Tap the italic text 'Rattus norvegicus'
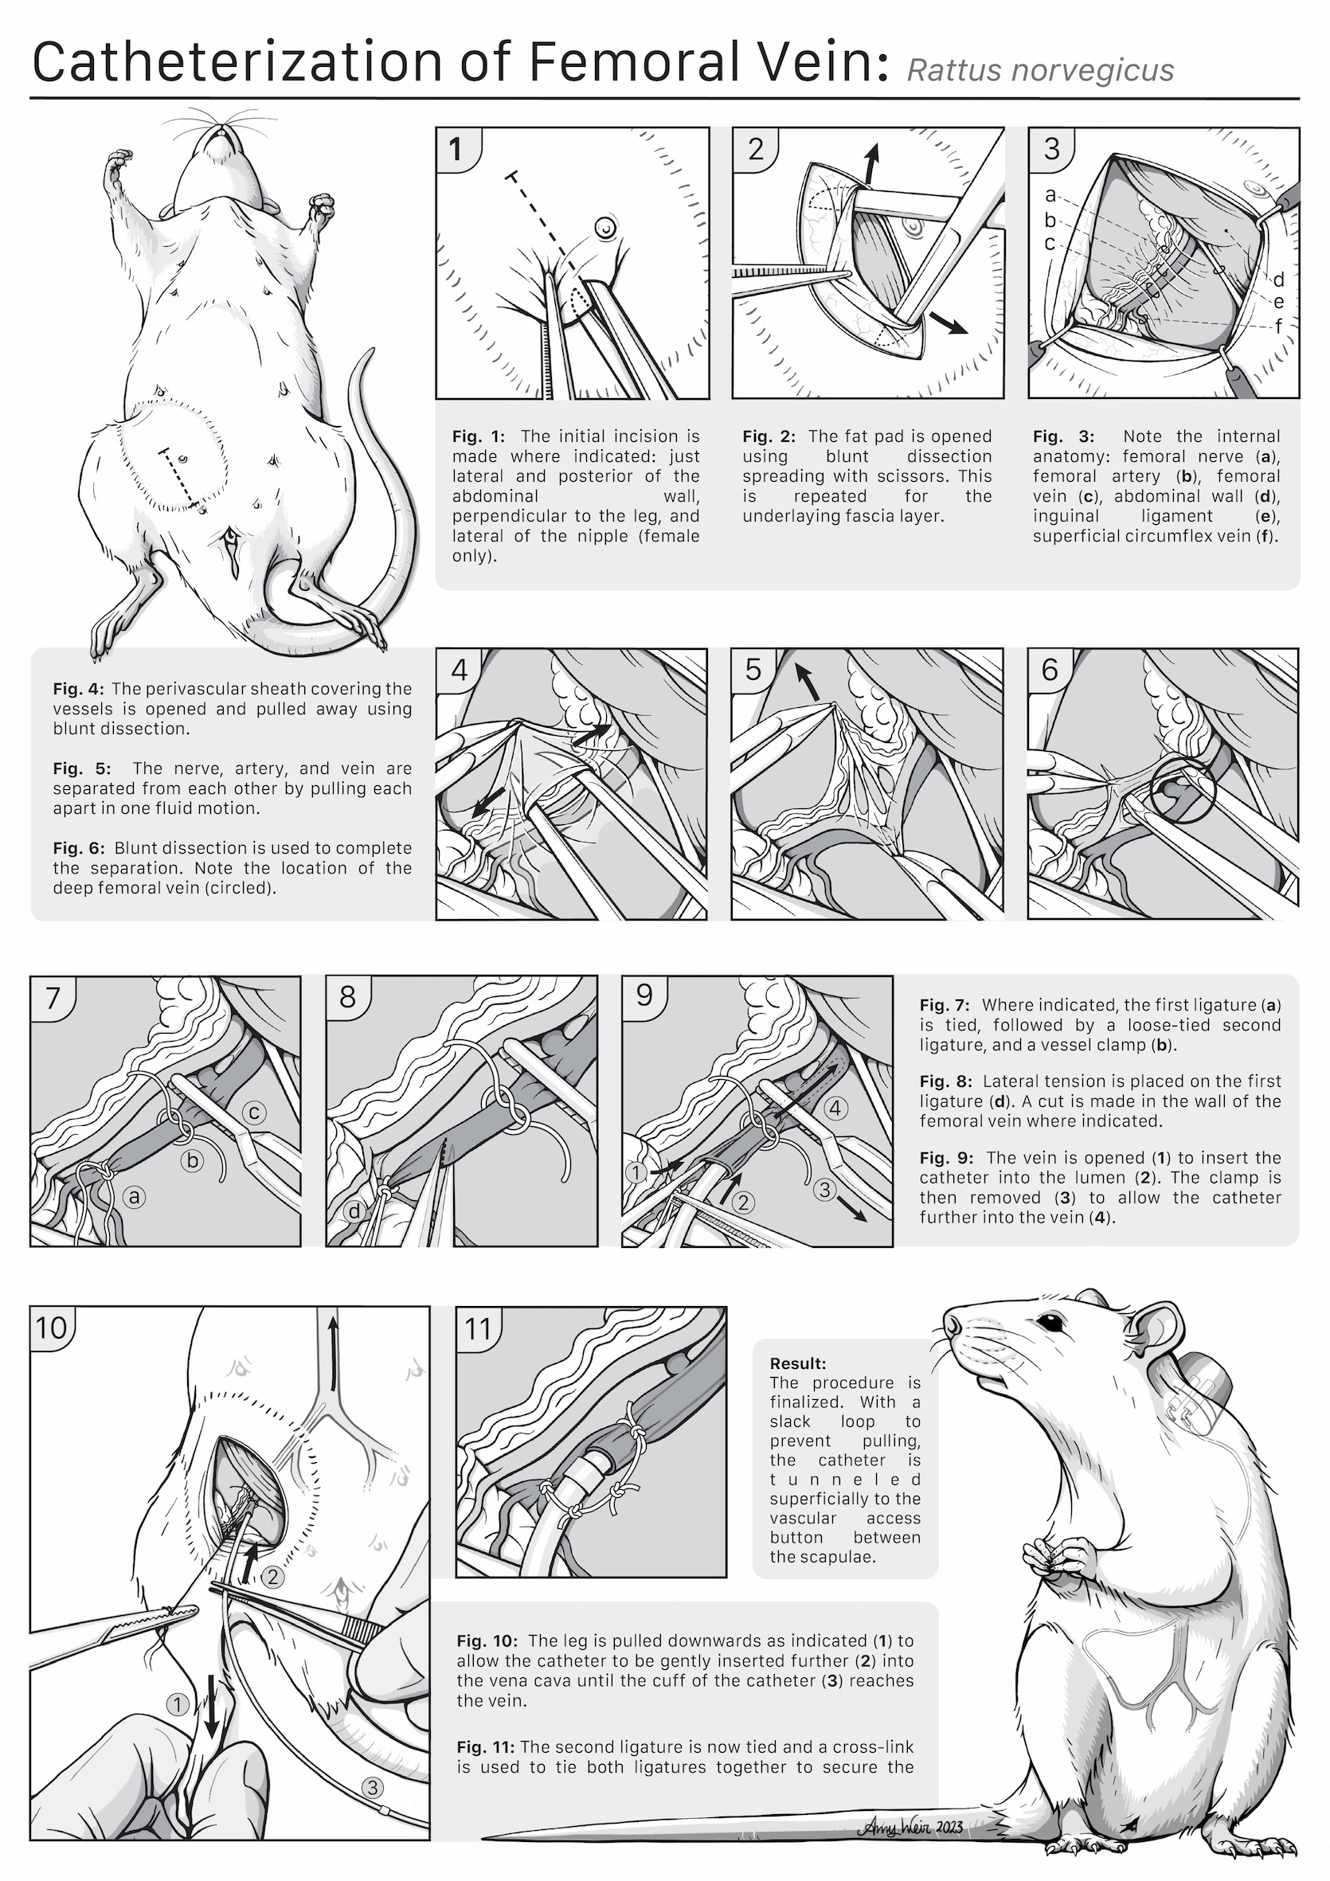pyautogui.click(x=1040, y=70)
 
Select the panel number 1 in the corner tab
pyautogui.click(x=456, y=150)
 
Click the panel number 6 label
pyautogui.click(x=1050, y=669)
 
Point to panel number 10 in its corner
pyautogui.click(x=51, y=1328)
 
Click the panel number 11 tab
pyautogui.click(x=478, y=1328)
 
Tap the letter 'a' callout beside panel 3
pyautogui.click(x=1050, y=196)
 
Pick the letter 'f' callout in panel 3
pyautogui.click(x=1277, y=326)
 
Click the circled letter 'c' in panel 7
pyautogui.click(x=254, y=1112)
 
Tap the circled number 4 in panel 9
pyautogui.click(x=836, y=1109)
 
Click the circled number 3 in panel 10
pyautogui.click(x=373, y=1787)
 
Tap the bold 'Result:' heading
pyautogui.click(x=798, y=1363)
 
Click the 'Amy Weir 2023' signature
pyautogui.click(x=910, y=1827)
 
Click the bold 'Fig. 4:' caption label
pyautogui.click(x=79, y=689)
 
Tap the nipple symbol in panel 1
pyautogui.click(x=604, y=227)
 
